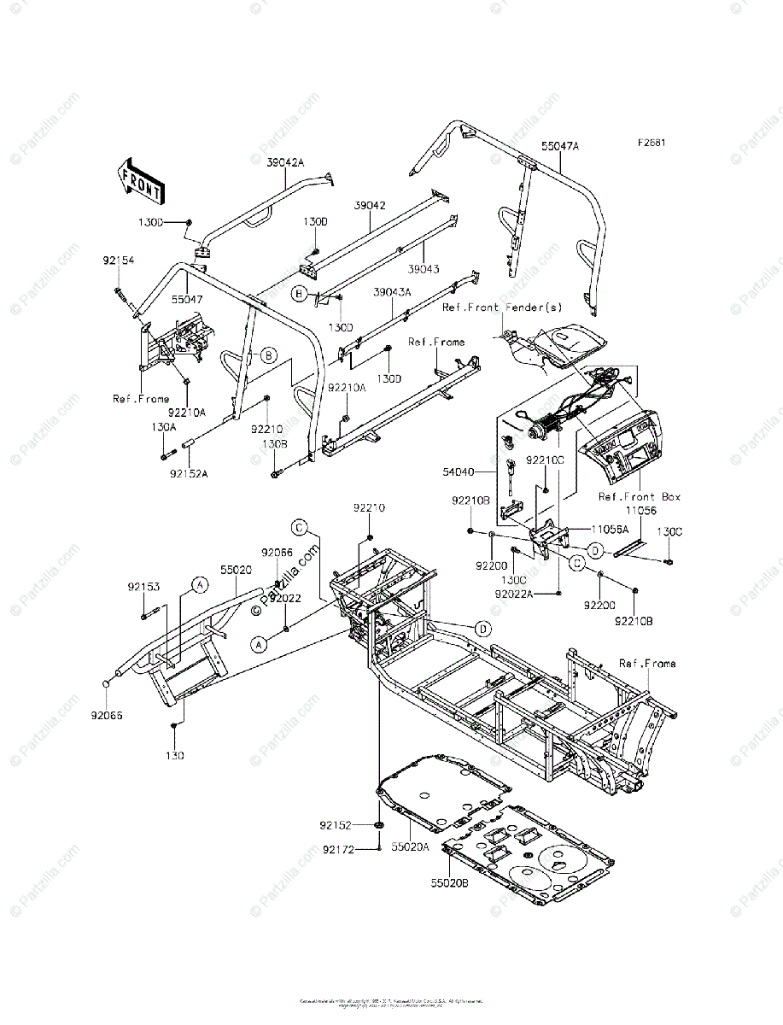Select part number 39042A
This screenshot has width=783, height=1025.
285,162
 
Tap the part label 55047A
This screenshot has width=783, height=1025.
559,146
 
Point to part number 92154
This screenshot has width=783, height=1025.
119,260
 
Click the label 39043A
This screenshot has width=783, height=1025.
392,291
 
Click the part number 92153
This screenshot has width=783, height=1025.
144,587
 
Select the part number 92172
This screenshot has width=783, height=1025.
338,849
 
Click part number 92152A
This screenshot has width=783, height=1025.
189,472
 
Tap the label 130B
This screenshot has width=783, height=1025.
274,445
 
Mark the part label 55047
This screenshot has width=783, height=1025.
185,301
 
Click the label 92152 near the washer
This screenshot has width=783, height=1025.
337,825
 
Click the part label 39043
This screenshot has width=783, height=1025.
424,269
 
